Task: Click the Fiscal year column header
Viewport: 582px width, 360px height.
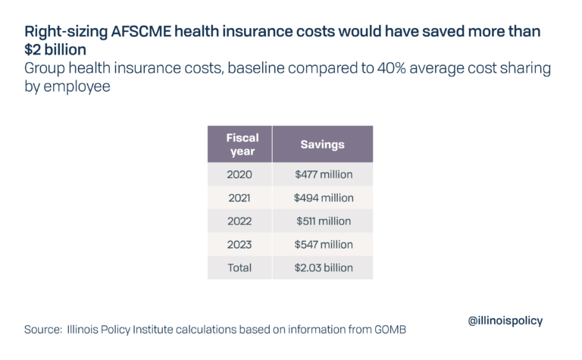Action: click(x=242, y=144)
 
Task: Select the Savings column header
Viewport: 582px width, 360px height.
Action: click(x=323, y=144)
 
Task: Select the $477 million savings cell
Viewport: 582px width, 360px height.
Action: click(x=324, y=174)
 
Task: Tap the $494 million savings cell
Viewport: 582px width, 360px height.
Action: click(x=324, y=198)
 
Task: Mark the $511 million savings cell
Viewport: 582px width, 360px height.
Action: click(x=324, y=221)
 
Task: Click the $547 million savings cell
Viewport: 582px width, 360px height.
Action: click(x=324, y=245)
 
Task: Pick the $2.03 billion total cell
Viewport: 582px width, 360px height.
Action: click(x=324, y=268)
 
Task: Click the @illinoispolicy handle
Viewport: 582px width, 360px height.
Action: click(x=505, y=321)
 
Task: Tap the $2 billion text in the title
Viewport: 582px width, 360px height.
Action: click(x=55, y=51)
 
